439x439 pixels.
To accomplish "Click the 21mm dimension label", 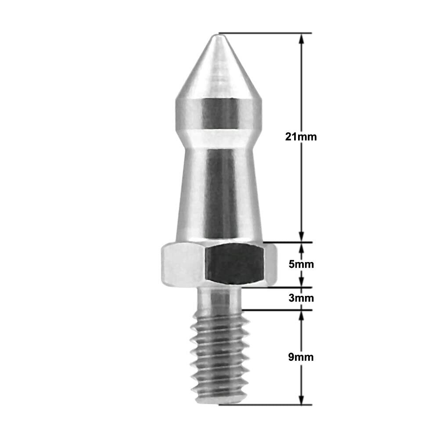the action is tap(301, 137).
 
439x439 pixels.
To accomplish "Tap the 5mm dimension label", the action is tap(301, 264).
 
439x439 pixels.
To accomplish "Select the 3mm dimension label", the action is tap(301, 298).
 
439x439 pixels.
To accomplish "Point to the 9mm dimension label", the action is tap(301, 357).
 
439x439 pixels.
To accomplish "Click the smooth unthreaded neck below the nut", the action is tap(219, 299).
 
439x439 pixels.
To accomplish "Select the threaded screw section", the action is tap(219, 357).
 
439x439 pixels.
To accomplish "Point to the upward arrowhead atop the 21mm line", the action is tap(301, 39).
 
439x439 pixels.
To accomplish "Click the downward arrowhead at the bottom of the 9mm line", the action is tap(301, 399).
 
